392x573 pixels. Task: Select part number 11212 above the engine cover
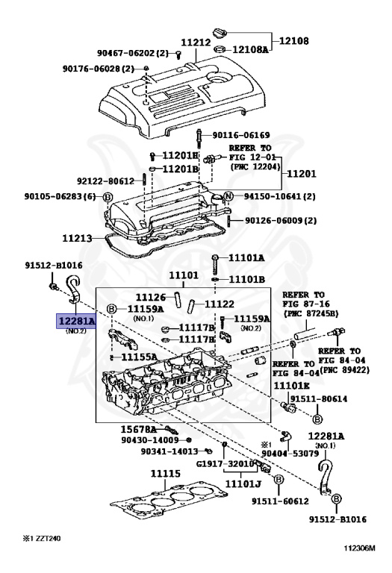click(x=196, y=43)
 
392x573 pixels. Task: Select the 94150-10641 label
click(x=276, y=196)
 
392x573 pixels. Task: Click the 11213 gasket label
click(x=76, y=239)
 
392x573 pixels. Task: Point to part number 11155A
click(x=139, y=357)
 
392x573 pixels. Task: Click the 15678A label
click(x=139, y=430)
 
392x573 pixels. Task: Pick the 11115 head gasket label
click(x=166, y=474)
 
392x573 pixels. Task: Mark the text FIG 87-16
click(x=301, y=304)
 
